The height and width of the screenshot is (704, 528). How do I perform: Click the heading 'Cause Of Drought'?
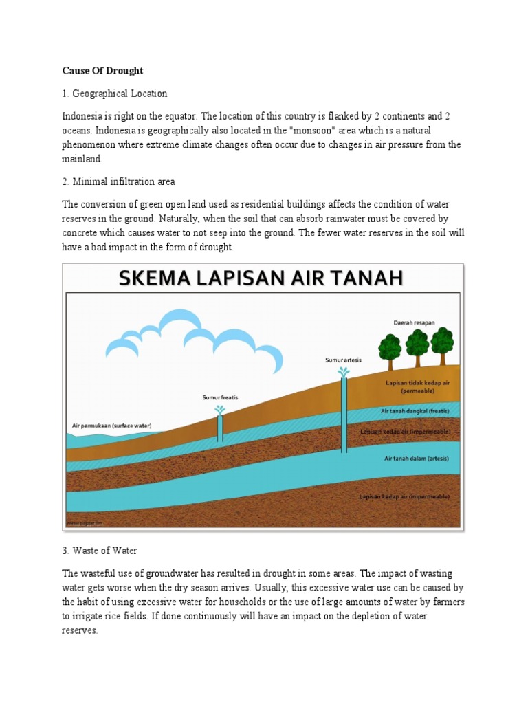point(102,71)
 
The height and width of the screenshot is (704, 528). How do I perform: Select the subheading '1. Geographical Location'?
point(115,93)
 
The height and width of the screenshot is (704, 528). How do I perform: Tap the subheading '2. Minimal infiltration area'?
point(119,181)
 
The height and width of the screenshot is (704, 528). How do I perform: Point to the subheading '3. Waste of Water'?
point(100,551)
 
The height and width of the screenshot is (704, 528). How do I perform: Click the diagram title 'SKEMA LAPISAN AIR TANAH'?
point(262,278)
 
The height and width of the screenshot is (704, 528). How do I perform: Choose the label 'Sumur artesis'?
point(343,360)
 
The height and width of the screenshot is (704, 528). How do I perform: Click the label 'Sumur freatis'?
point(219,397)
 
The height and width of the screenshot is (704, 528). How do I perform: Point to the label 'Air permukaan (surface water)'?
point(112,426)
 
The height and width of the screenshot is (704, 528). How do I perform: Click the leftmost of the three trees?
point(390,346)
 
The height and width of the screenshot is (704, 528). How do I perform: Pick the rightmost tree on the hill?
point(442,342)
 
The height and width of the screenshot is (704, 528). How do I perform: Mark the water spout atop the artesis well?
point(344,371)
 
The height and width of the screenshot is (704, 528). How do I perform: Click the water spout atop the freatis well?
point(220,410)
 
